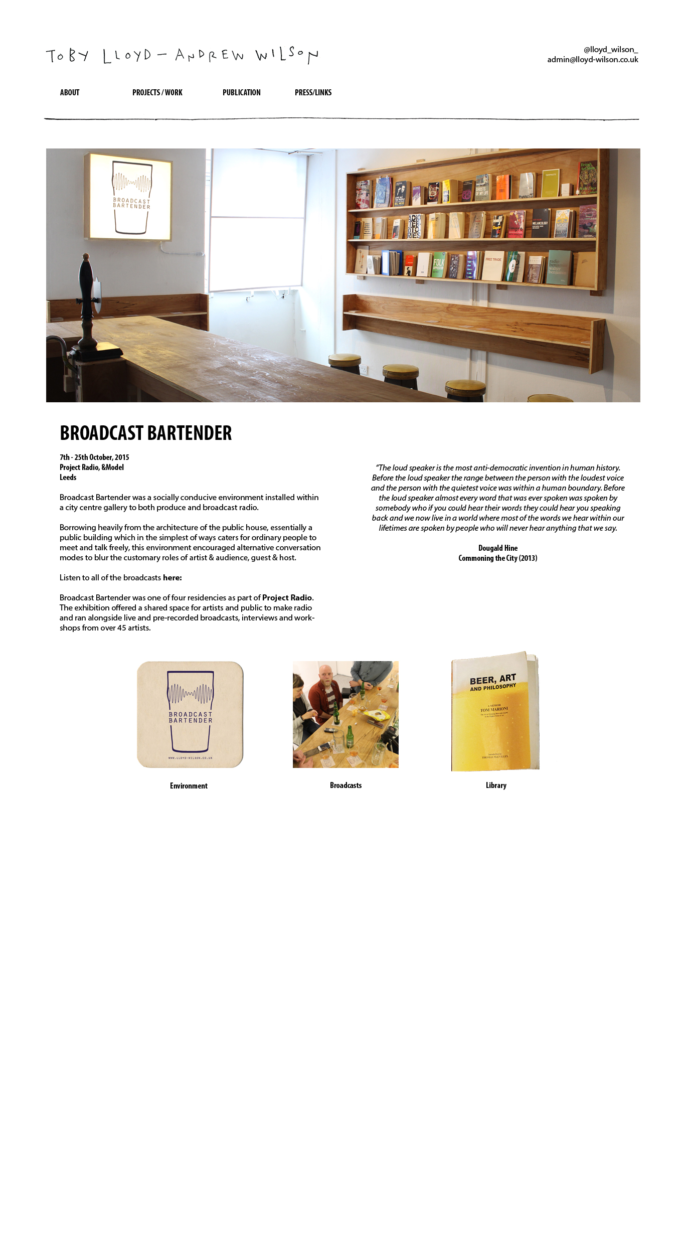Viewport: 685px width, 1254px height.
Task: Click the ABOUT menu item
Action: coord(70,92)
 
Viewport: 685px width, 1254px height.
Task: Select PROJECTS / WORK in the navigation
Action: coord(157,92)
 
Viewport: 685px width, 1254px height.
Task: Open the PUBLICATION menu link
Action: coord(241,92)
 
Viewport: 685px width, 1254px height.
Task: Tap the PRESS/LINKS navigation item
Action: coord(313,92)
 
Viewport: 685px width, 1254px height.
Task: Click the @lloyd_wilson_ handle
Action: coord(610,50)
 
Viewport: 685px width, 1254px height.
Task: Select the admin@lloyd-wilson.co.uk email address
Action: coord(592,60)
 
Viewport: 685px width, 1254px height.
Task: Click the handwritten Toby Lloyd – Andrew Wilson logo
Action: coord(182,55)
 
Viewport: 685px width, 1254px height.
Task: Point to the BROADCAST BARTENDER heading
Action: coord(145,433)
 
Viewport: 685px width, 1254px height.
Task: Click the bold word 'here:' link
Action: coord(172,578)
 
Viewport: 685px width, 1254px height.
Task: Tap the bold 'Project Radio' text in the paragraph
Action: coord(287,598)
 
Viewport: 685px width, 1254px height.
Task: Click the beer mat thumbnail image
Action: coord(190,715)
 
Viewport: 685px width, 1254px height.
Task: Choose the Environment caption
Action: coord(189,786)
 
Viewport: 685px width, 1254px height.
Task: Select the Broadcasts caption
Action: coord(346,786)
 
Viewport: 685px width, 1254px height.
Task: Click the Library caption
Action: coord(496,786)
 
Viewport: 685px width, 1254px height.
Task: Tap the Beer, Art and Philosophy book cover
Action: coord(495,712)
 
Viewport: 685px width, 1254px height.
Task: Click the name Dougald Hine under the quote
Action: coord(497,548)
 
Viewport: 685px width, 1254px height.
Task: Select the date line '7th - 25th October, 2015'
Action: coord(94,457)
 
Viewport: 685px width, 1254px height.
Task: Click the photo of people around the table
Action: coord(346,714)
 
